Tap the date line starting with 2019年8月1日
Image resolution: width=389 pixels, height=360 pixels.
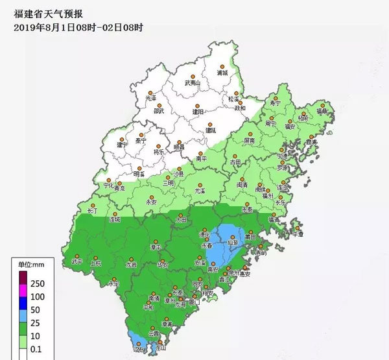(78, 27)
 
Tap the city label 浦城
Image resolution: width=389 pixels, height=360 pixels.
(222, 73)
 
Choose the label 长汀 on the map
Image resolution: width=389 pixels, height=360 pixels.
(92, 211)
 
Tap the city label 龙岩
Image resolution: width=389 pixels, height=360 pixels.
(131, 265)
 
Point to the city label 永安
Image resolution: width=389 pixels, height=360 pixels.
(152, 202)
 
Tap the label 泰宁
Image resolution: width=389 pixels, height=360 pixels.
(141, 141)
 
